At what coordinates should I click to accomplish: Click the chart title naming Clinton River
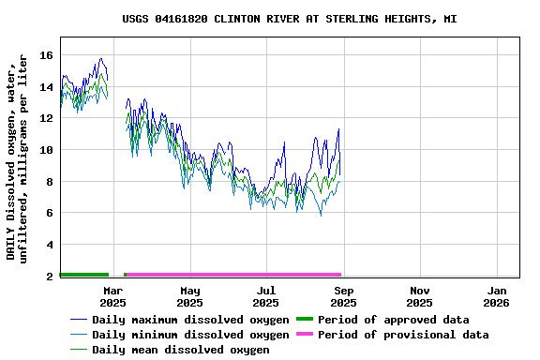click(x=290, y=19)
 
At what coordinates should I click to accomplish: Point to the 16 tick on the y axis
click(x=46, y=56)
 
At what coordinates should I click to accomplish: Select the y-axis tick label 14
click(x=46, y=87)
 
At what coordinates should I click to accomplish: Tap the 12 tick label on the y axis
click(x=46, y=119)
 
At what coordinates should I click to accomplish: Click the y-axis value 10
click(x=46, y=150)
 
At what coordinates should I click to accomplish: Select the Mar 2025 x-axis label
click(x=112, y=296)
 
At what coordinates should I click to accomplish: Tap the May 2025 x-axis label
click(x=189, y=296)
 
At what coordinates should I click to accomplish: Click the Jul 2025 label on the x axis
click(x=266, y=296)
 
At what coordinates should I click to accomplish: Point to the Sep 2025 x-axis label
click(x=343, y=296)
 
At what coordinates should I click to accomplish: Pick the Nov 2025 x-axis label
click(x=419, y=296)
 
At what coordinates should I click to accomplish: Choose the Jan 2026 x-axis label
click(x=496, y=296)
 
